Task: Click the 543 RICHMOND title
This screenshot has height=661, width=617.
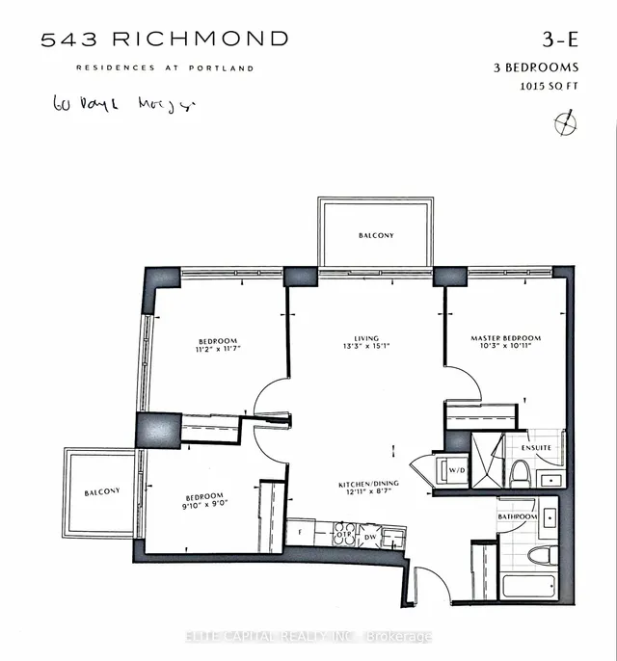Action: pos(164,40)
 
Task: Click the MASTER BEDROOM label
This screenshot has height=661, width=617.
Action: pos(505,338)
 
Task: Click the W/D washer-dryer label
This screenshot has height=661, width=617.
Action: pos(457,469)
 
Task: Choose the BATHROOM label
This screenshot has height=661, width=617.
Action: pos(518,517)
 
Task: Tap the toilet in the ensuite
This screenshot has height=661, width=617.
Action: pos(519,472)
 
